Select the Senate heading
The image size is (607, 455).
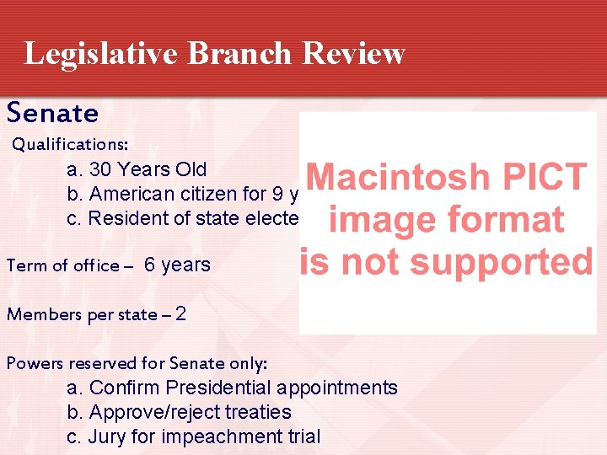[52, 113]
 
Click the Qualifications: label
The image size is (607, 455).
[69, 145]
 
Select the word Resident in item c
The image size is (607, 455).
[126, 218]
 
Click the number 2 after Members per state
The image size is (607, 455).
[180, 314]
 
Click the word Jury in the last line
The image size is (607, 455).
[106, 436]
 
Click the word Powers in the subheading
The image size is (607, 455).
[31, 364]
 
